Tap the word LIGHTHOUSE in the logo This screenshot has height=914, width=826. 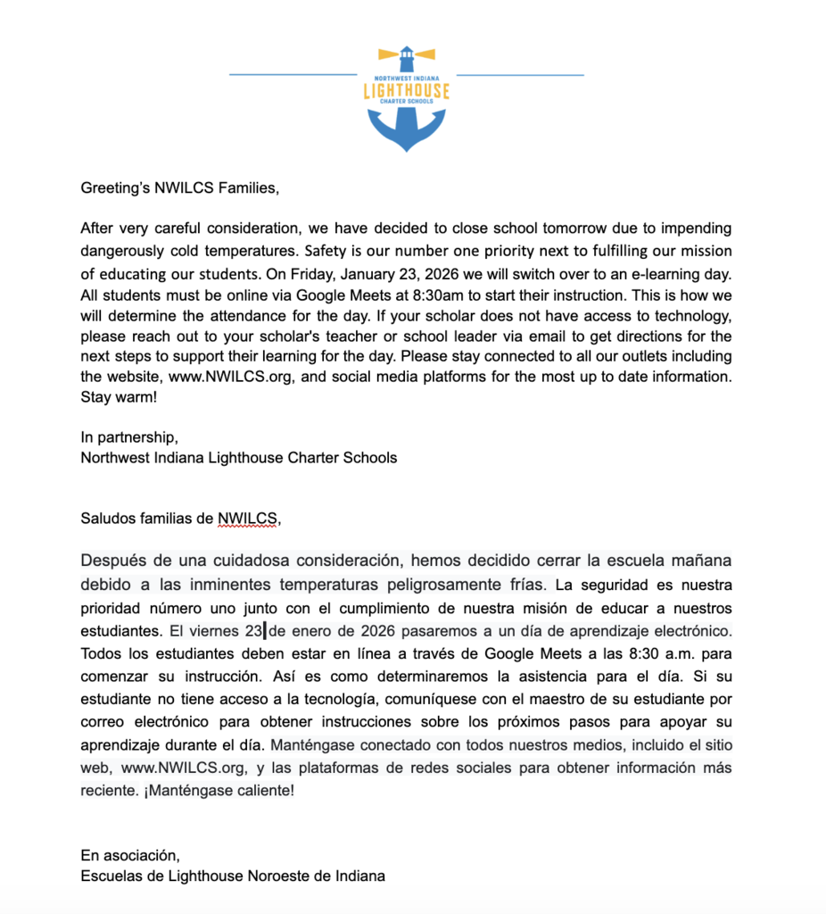click(407, 91)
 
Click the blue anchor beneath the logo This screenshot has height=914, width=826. click(407, 129)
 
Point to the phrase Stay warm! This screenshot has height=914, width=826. click(119, 398)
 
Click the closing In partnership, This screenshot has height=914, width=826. click(129, 437)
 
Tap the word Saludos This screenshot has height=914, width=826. click(106, 518)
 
